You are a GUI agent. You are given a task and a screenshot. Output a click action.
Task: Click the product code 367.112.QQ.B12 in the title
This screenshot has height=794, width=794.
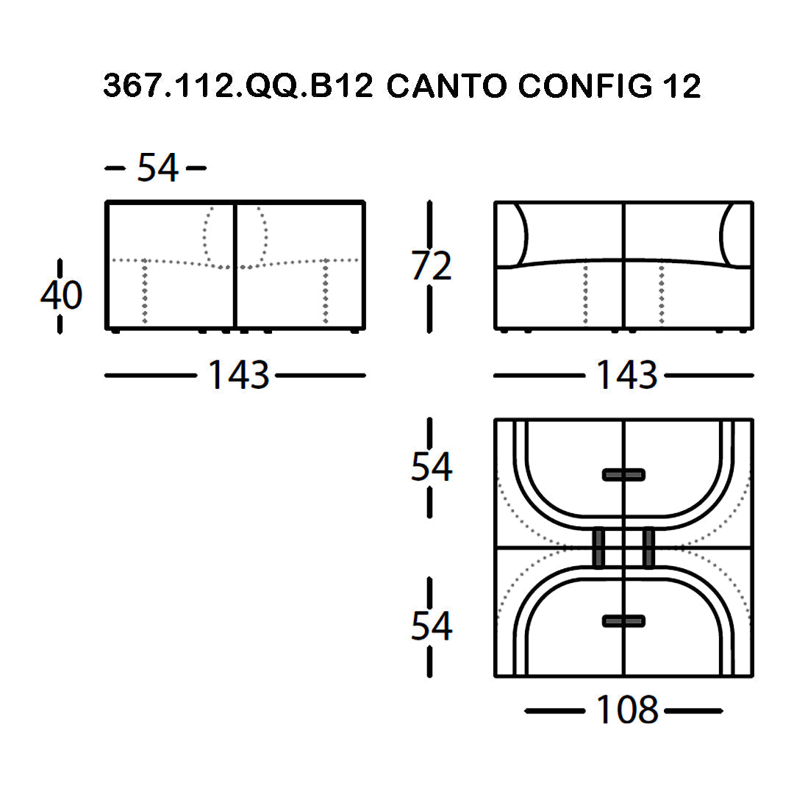click(x=238, y=85)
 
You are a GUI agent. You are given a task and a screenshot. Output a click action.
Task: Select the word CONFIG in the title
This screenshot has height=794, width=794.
click(x=585, y=85)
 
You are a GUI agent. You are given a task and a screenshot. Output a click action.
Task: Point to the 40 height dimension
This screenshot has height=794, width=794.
click(x=61, y=295)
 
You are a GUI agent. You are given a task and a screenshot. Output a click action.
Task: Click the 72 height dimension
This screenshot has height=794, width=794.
click(x=431, y=266)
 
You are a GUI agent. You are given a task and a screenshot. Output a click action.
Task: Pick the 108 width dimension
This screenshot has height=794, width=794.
click(x=627, y=709)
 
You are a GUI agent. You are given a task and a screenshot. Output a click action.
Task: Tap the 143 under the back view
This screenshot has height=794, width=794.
click(x=238, y=375)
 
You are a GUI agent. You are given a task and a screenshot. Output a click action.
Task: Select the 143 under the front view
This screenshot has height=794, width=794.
click(x=627, y=375)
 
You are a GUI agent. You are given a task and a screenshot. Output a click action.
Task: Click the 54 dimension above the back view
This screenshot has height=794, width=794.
click(x=158, y=168)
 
